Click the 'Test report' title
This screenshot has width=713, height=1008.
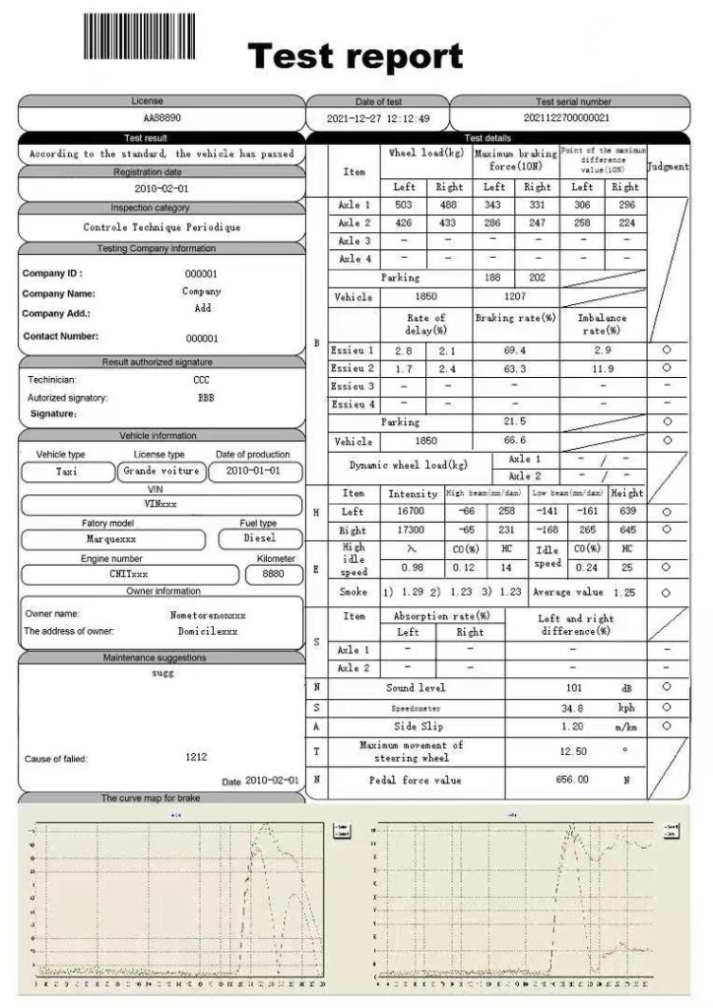pyautogui.click(x=355, y=56)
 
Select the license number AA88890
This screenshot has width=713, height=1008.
pyautogui.click(x=162, y=118)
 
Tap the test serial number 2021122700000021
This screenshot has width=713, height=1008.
pyautogui.click(x=572, y=118)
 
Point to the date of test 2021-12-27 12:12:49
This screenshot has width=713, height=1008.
pyautogui.click(x=378, y=118)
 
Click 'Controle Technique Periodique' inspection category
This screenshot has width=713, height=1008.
pyautogui.click(x=162, y=227)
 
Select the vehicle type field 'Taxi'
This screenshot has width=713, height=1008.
pyautogui.click(x=69, y=472)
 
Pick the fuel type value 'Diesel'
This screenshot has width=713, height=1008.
pyautogui.click(x=260, y=538)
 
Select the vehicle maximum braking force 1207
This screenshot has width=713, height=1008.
pyautogui.click(x=515, y=296)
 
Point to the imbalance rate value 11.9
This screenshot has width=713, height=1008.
pyautogui.click(x=603, y=368)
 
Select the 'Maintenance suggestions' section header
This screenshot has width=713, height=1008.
pyautogui.click(x=162, y=658)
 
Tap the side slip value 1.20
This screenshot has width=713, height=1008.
pyautogui.click(x=574, y=725)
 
